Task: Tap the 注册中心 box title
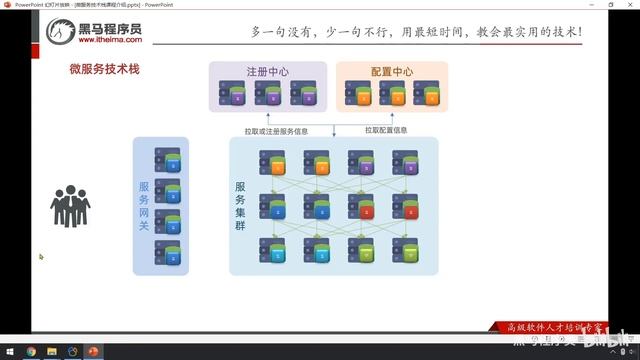[268, 72]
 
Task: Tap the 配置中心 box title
[390, 72]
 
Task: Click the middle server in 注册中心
[268, 94]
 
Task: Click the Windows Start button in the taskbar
[8, 351]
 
